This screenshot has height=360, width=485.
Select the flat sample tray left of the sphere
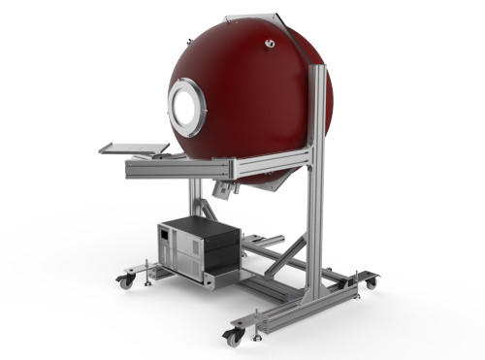click(134, 148)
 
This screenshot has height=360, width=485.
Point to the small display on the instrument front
click(167, 236)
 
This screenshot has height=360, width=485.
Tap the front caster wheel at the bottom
click(233, 337)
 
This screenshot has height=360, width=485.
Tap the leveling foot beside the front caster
click(257, 333)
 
